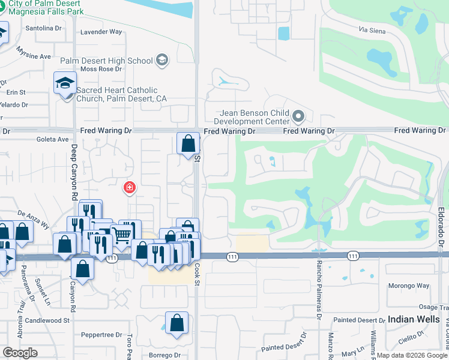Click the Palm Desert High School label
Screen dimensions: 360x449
click(107, 61)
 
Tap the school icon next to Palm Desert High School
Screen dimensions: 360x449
click(161, 60)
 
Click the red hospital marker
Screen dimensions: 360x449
click(128, 188)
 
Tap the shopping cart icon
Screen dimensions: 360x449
click(122, 235)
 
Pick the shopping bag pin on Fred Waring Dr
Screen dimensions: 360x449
click(188, 144)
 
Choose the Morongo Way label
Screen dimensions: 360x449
click(409, 286)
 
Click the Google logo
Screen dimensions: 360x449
click(20, 352)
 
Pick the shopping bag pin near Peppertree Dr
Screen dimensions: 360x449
click(178, 323)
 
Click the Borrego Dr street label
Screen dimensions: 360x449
click(159, 355)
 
